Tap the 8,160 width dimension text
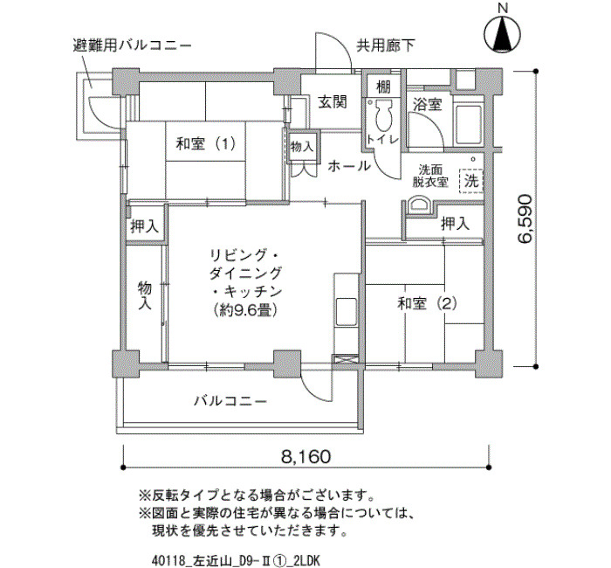[x=305, y=456]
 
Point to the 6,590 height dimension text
[x=525, y=218]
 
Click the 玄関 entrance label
[x=333, y=102]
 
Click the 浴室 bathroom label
[x=428, y=105]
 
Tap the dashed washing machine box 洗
[x=471, y=181]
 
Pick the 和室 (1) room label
[x=206, y=144]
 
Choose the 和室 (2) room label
[x=427, y=303]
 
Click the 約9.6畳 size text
[x=245, y=310]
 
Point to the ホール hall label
[x=349, y=167]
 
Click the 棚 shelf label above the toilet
[x=383, y=87]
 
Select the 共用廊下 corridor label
[x=386, y=46]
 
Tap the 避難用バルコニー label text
[x=132, y=46]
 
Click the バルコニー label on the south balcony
[x=231, y=400]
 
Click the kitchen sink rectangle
[x=347, y=311]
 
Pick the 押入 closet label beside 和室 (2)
[x=455, y=224]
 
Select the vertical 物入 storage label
[x=145, y=296]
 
